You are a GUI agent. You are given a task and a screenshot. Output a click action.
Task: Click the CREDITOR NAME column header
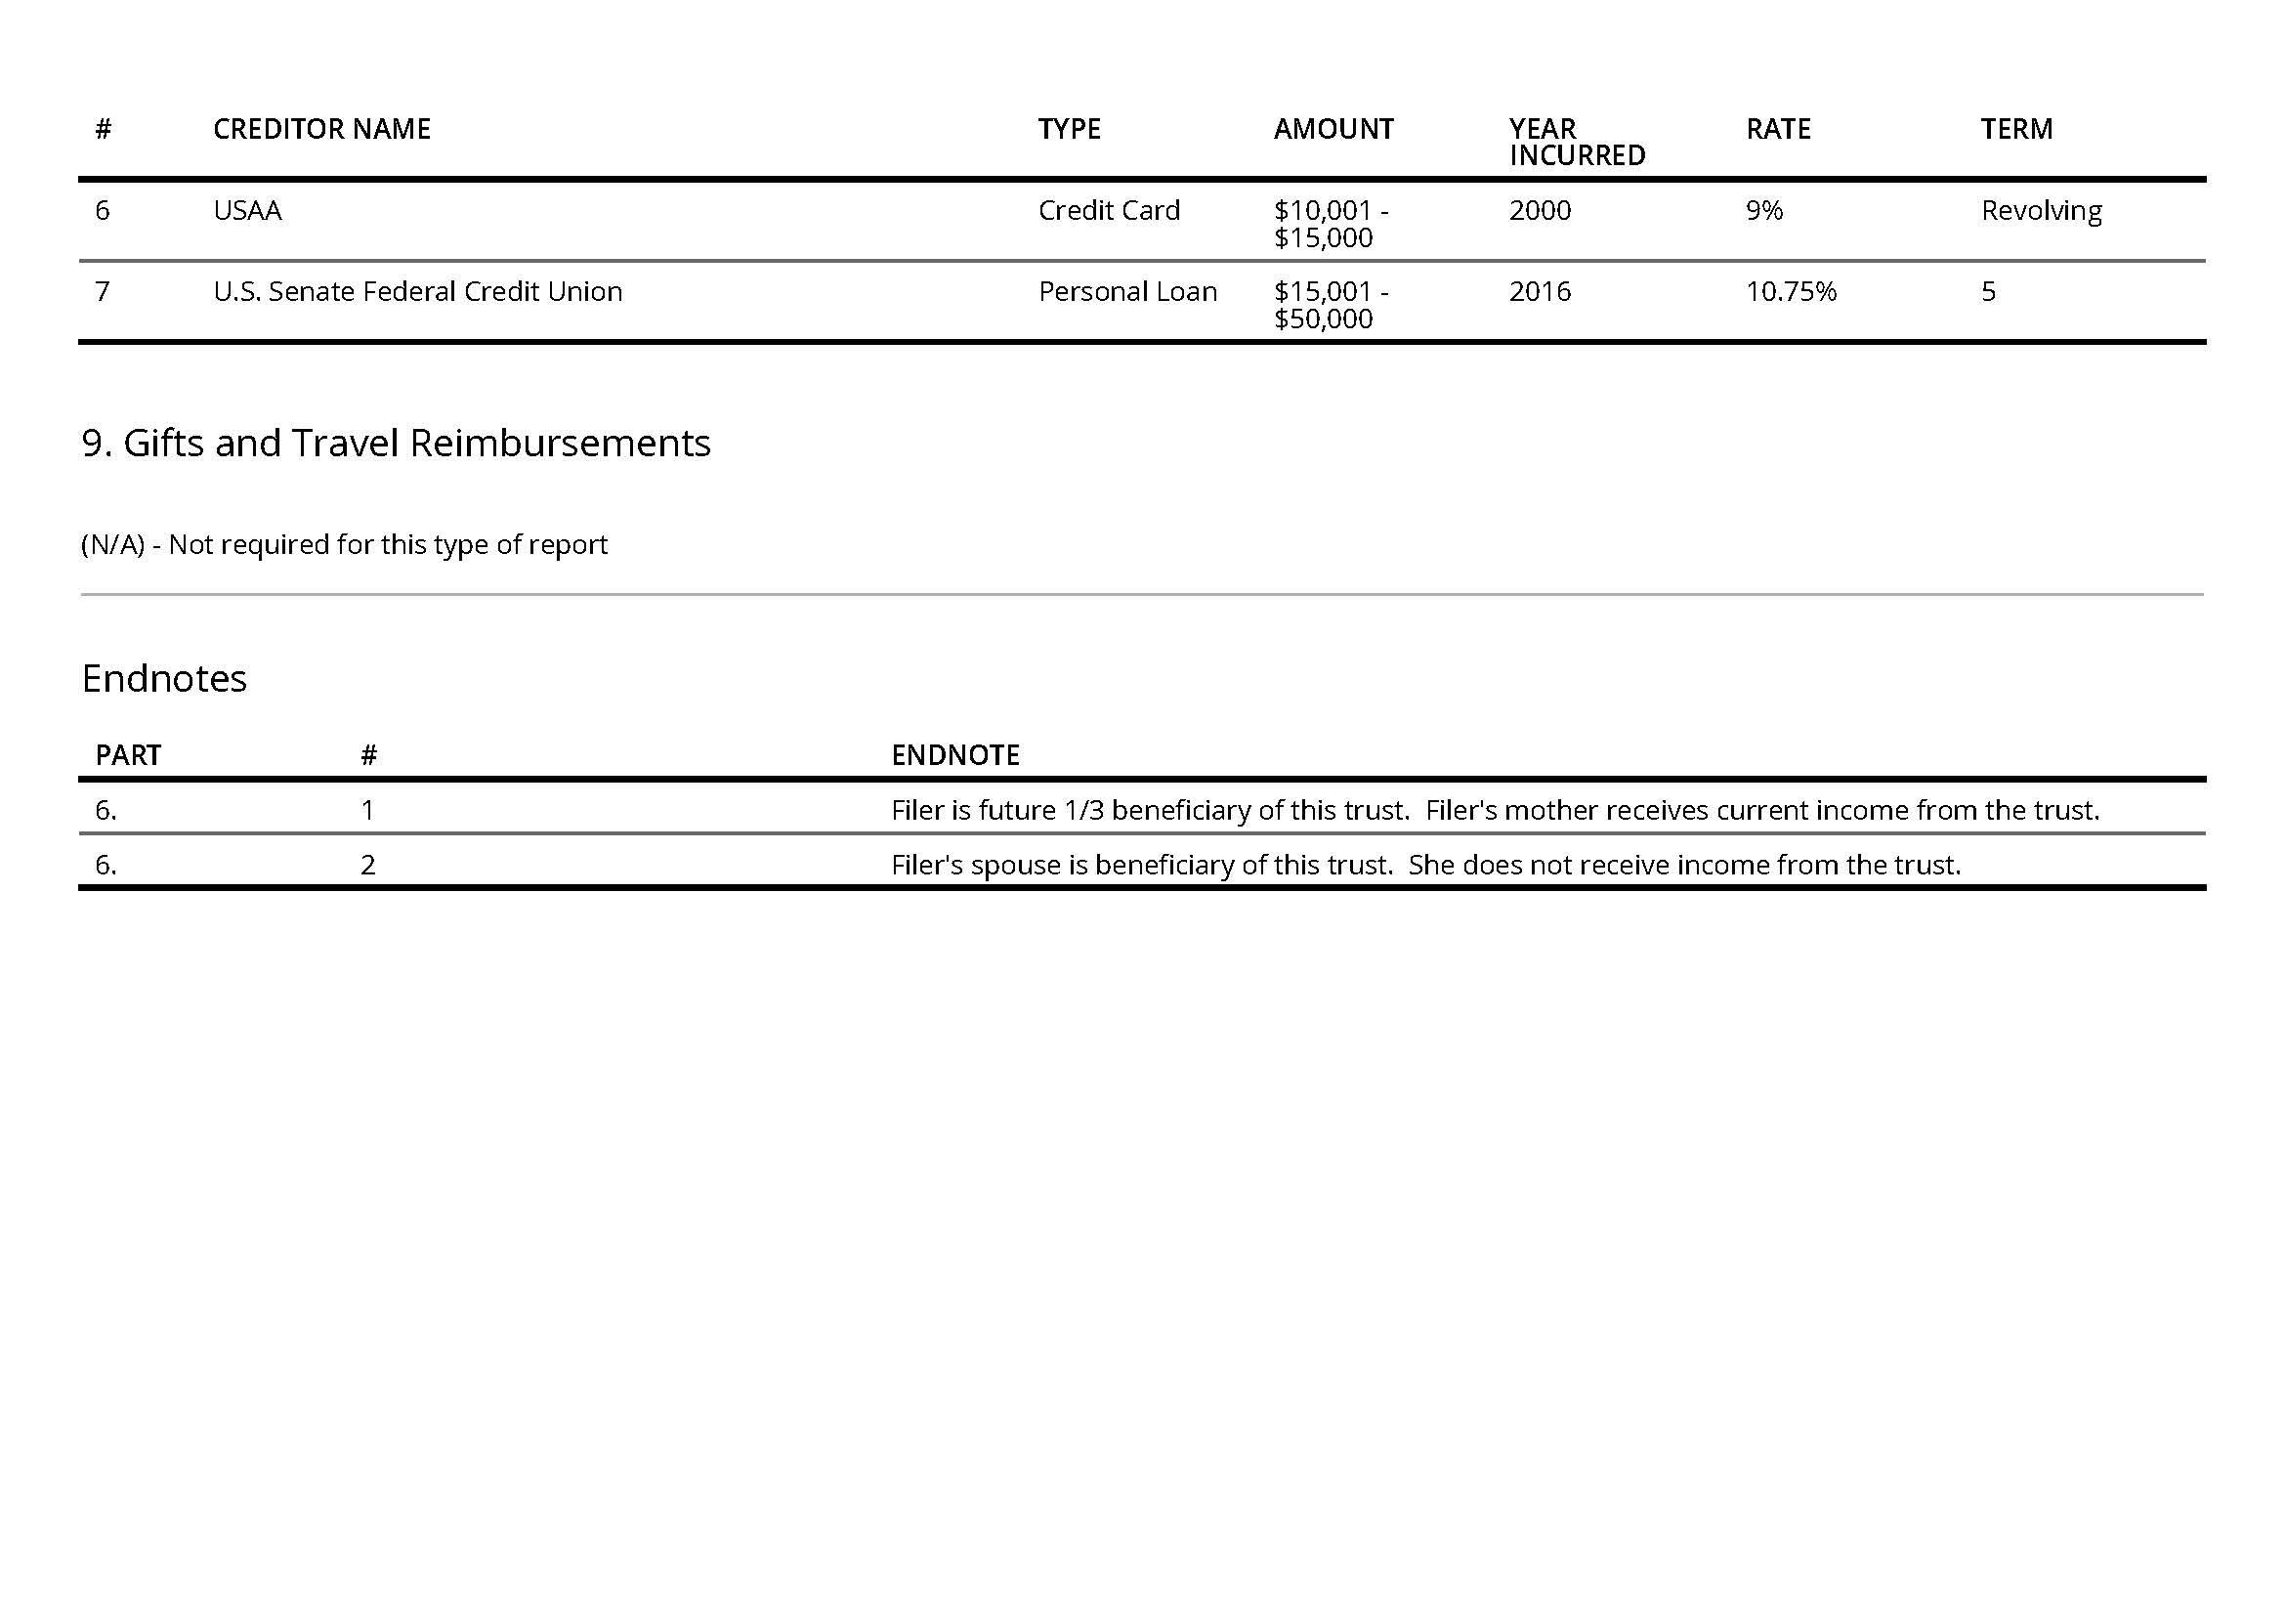tap(321, 129)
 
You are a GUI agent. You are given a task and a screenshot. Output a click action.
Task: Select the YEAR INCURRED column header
tap(1576, 143)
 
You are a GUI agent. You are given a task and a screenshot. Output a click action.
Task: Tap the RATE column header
tap(1777, 129)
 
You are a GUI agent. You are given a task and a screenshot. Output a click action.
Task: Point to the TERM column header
tap(2016, 129)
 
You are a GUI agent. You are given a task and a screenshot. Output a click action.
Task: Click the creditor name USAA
tap(248, 211)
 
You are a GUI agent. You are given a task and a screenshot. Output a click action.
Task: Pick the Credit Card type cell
tap(1109, 211)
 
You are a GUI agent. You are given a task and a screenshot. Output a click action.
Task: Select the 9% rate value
tap(1763, 211)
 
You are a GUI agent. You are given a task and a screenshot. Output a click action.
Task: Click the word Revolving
tap(2041, 211)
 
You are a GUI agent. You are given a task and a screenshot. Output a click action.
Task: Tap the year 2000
tap(1540, 211)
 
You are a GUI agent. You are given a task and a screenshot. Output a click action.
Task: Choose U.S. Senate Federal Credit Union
tap(418, 291)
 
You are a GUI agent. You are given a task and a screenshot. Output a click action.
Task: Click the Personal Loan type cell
tap(1127, 291)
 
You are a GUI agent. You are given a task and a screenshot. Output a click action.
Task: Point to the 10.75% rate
tap(1791, 291)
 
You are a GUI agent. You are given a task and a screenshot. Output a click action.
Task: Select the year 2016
tap(1540, 291)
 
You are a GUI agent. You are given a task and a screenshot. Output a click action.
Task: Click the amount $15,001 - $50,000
tap(1331, 305)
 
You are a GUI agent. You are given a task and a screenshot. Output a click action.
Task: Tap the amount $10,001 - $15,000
tap(1331, 224)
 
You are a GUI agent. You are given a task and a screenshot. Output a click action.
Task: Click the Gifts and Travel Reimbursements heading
tap(396, 443)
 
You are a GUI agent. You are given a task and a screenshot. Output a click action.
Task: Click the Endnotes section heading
tap(164, 679)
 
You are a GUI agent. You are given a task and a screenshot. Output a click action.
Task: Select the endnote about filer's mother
tap(1495, 810)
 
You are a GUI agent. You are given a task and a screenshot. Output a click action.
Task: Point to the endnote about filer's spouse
tap(1425, 865)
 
